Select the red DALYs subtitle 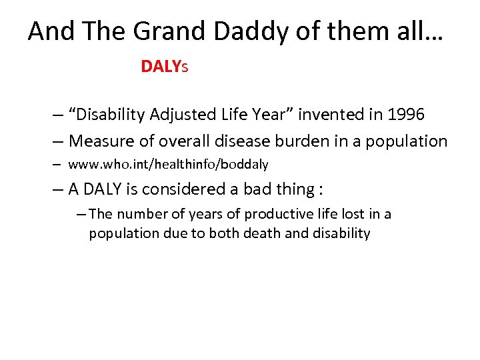point(165,67)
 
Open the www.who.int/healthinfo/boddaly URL point(168,164)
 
